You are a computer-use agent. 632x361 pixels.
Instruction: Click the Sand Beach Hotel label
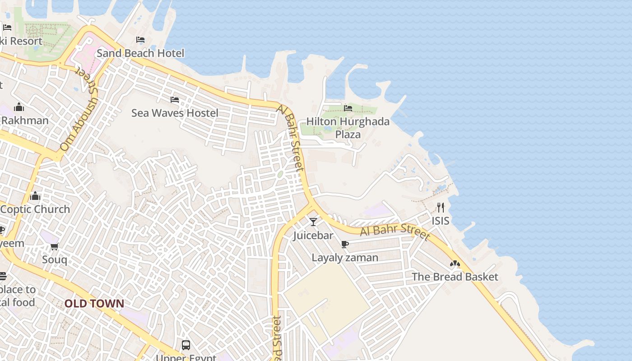140,53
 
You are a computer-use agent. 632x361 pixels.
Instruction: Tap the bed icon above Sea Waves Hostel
175,100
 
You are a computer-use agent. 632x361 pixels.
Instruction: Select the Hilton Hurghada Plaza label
348,128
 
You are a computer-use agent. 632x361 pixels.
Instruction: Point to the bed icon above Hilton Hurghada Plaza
348,108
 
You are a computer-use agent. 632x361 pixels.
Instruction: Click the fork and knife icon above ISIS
441,208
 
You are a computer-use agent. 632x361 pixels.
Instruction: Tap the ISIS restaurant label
441,221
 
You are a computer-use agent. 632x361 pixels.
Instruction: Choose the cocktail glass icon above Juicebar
313,222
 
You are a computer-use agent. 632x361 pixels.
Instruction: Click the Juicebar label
313,236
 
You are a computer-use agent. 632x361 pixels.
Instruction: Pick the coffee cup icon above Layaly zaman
345,244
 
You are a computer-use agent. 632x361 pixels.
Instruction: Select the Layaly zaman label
345,258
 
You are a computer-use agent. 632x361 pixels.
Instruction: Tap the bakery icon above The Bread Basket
455,264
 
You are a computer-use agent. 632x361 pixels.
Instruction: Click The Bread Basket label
455,277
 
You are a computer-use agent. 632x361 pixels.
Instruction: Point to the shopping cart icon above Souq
55,246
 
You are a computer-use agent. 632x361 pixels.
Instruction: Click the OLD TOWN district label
94,303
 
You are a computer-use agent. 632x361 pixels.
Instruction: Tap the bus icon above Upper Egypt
186,345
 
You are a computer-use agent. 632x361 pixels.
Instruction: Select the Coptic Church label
35,209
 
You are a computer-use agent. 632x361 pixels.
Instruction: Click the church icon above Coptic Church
35,196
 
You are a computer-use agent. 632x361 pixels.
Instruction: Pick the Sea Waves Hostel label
175,113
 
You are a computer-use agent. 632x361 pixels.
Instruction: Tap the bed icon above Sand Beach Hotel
140,40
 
